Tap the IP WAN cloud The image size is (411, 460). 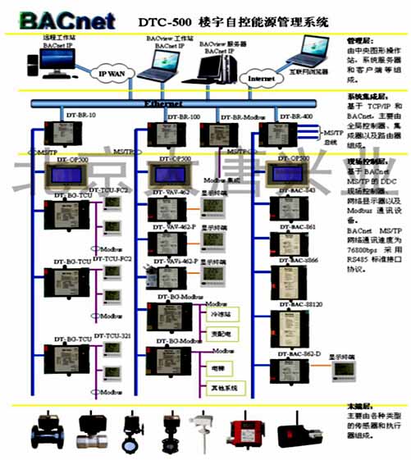tap(113, 74)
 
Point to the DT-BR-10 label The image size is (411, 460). tap(80, 116)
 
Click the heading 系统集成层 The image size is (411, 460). tap(366, 97)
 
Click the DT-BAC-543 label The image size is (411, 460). tap(297, 190)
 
